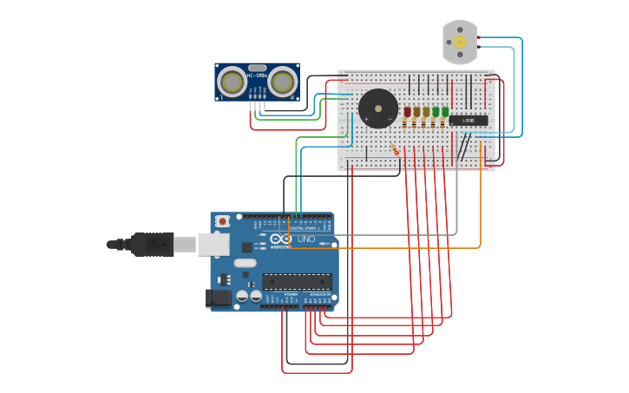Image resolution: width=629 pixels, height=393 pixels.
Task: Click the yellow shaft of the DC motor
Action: (x=460, y=42)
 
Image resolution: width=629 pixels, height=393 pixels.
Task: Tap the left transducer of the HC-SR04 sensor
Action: (x=232, y=82)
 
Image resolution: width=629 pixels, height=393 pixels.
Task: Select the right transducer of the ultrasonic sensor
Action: (x=282, y=82)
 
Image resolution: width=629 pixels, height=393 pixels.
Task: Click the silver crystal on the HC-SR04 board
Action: (x=257, y=67)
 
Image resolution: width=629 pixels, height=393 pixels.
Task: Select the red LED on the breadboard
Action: (x=407, y=112)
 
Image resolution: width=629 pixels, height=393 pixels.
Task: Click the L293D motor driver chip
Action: (x=468, y=120)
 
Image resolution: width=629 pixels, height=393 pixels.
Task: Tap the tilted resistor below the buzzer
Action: (x=396, y=149)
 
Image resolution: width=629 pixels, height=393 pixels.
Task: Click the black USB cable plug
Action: (x=152, y=246)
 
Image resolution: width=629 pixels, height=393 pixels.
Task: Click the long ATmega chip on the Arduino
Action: (x=297, y=280)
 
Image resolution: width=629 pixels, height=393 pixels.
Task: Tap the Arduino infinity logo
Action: (x=280, y=239)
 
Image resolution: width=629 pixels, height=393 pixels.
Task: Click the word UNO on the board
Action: (x=306, y=239)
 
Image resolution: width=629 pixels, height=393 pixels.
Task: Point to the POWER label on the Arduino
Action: (x=290, y=294)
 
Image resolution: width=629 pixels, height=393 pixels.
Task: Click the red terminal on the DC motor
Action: (x=476, y=38)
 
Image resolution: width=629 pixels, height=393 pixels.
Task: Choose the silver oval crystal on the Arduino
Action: (x=245, y=263)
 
